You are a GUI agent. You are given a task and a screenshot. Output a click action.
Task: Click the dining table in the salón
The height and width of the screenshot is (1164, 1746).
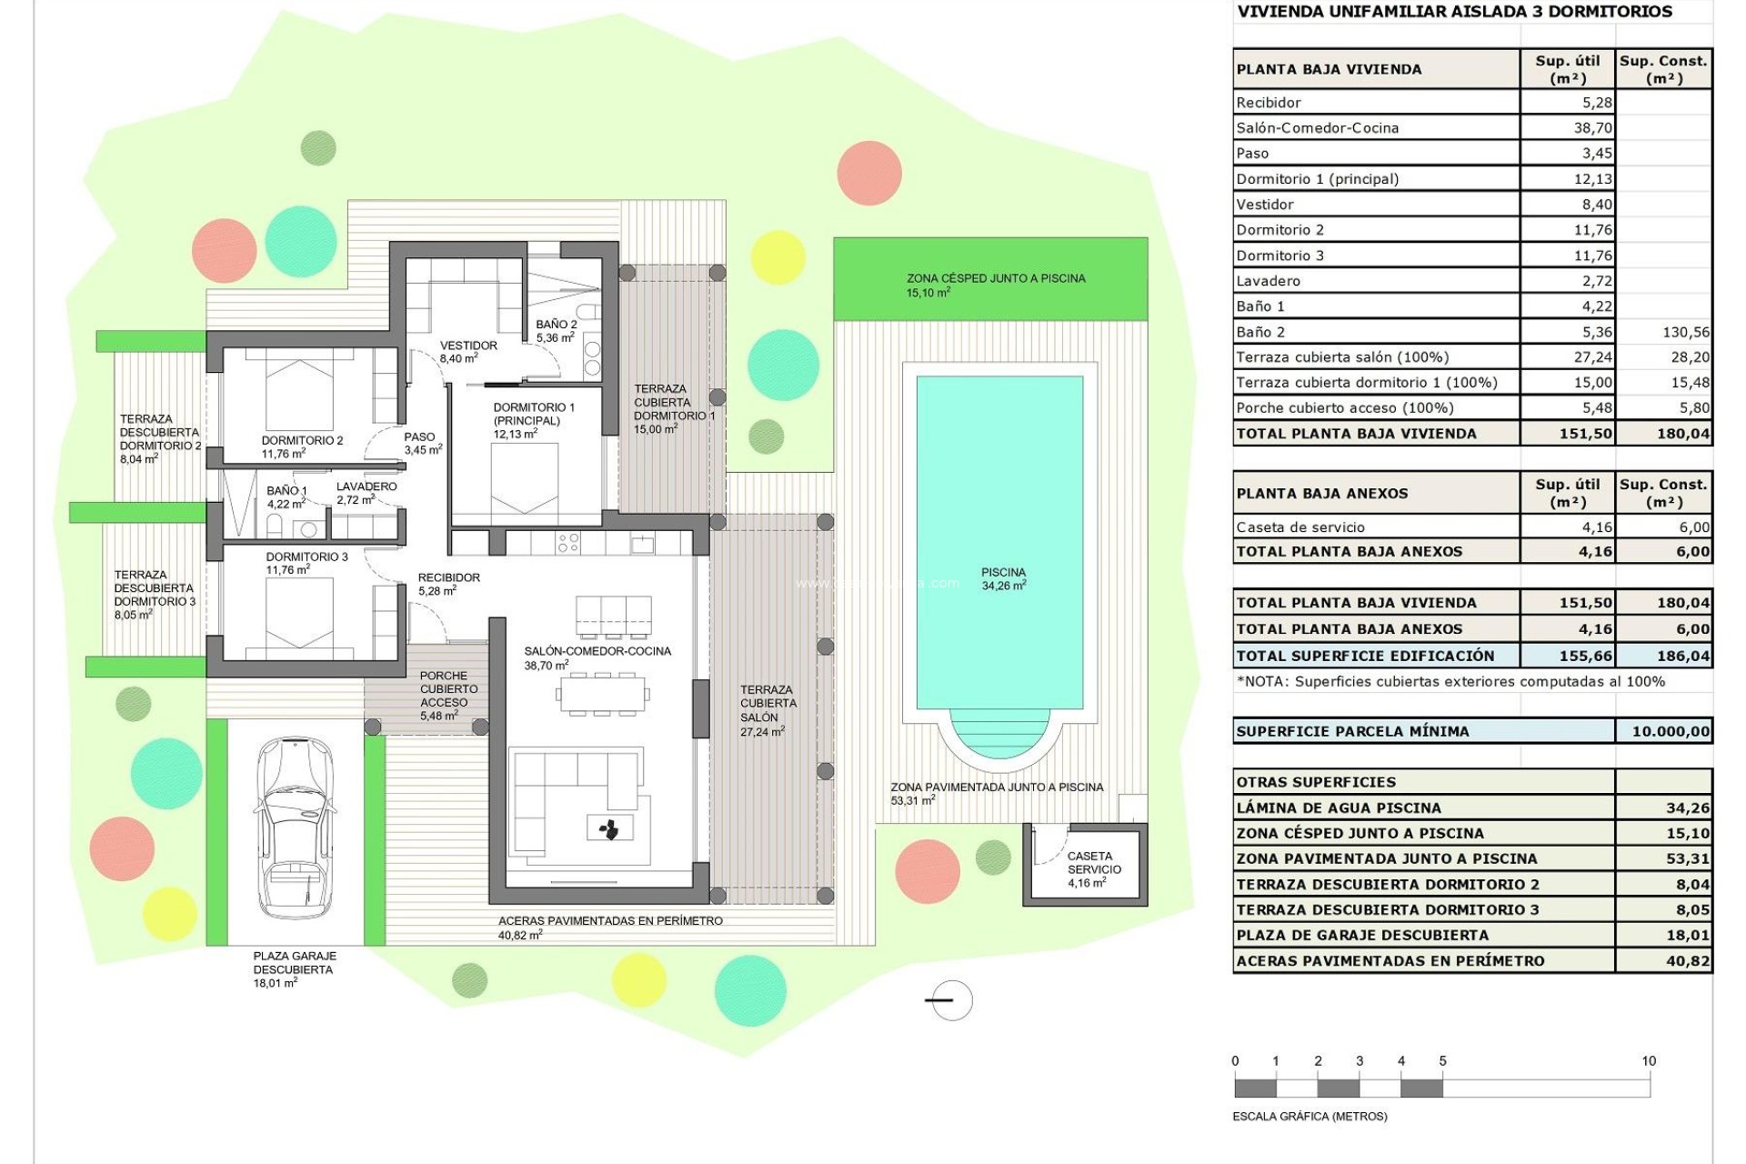pos(602,695)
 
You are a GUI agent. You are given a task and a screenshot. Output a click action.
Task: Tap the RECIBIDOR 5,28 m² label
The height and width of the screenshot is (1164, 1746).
pos(447,584)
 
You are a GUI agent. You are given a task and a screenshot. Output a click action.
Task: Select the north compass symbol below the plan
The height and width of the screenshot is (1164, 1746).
pos(951,1000)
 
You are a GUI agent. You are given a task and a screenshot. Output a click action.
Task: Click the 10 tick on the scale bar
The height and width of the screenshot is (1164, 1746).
pos(1649,1061)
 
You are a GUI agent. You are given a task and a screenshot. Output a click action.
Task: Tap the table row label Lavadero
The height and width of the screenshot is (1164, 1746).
pos(1269,281)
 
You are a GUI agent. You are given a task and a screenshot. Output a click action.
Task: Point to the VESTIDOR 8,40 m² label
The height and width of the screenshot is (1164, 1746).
pos(467,352)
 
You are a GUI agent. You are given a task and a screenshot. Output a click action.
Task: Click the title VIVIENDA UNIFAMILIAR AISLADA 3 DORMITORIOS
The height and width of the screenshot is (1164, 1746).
pos(1454,12)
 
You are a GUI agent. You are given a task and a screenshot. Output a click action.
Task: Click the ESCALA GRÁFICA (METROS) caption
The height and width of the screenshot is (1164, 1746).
pos(1309,1116)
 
